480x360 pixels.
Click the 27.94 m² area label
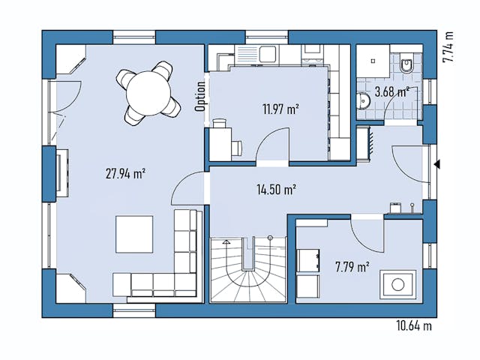click(x=125, y=172)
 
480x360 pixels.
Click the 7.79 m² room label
click(x=352, y=266)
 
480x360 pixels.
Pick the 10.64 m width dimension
click(x=413, y=325)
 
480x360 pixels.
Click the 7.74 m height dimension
click(x=448, y=46)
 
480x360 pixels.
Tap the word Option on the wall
click(x=200, y=96)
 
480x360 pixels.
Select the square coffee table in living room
click(x=134, y=235)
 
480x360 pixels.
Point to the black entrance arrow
click(x=436, y=164)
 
